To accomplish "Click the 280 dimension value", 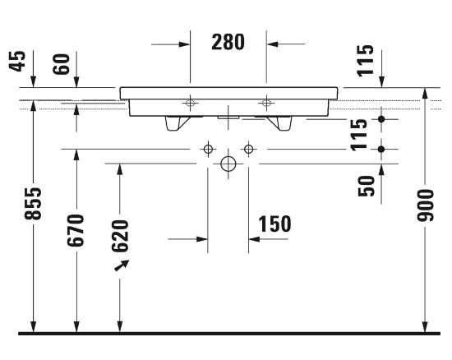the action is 228,42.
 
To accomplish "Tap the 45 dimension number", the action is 17,61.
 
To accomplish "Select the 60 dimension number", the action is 62,64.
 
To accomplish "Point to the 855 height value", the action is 33,204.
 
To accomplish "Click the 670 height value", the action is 76,230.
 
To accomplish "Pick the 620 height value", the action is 120,236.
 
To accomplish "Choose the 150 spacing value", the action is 274,224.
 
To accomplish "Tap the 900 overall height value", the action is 425,205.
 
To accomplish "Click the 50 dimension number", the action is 366,187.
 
